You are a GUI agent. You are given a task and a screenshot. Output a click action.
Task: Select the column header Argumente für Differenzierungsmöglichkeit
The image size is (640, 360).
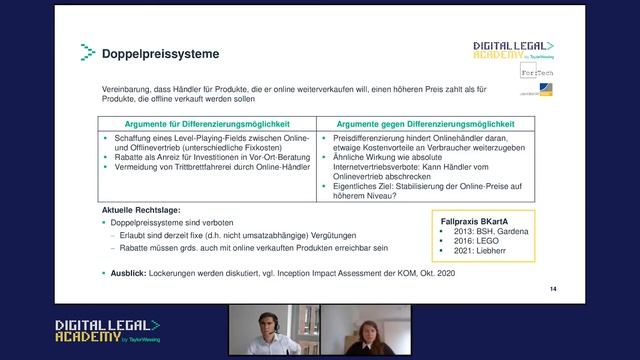[208, 122]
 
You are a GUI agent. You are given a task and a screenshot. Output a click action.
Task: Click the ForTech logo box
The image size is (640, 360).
[536, 73]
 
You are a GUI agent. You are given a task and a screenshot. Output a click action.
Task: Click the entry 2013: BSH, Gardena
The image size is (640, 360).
[490, 231]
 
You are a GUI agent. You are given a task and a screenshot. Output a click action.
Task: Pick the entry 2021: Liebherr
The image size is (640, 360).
[480, 253]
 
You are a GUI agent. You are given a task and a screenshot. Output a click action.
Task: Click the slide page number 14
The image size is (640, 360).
[551, 287]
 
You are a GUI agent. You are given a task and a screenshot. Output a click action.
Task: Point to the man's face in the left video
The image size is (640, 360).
[266, 324]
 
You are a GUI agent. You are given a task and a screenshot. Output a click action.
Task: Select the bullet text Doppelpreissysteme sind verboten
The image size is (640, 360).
[170, 223]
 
